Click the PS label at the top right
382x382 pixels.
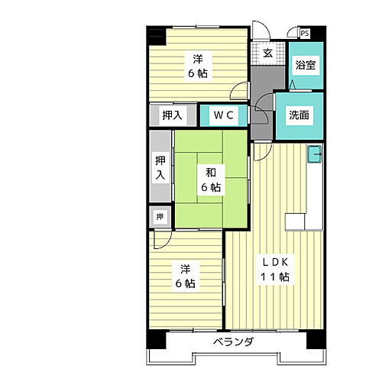click(x=305, y=33)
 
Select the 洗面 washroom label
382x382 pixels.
click(x=299, y=115)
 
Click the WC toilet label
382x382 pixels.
click(x=223, y=115)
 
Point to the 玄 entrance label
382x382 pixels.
click(x=268, y=53)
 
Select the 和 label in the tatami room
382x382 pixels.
click(x=209, y=172)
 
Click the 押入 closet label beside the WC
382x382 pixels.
click(x=172, y=115)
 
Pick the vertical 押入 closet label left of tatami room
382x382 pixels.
click(x=160, y=167)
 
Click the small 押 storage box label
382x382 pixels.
click(x=160, y=217)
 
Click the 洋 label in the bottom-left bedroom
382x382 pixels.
click(x=186, y=270)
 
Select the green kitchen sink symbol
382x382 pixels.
click(x=314, y=156)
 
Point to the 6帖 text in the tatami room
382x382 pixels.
click(x=211, y=187)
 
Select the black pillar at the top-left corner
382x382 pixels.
click(x=157, y=35)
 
